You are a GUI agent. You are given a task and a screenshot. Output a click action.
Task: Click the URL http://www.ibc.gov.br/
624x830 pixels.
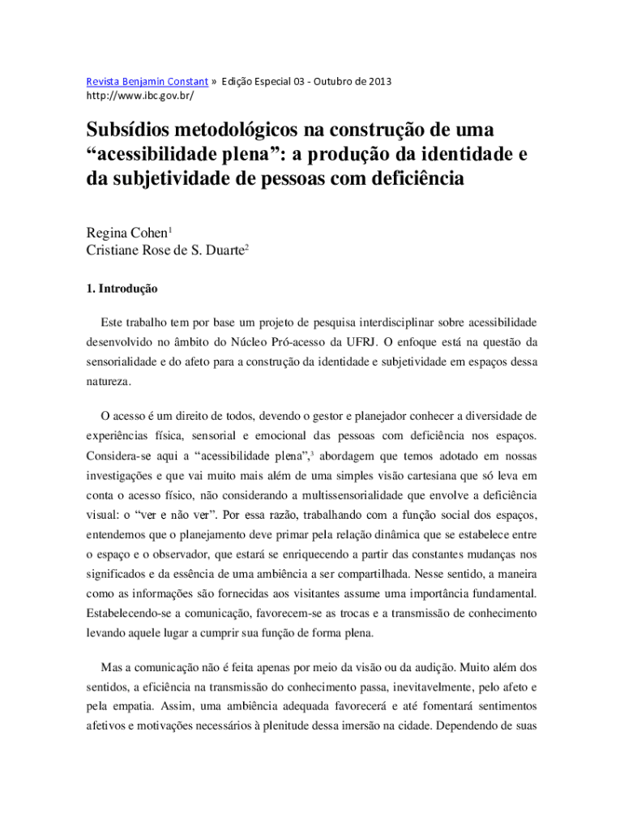pyautogui.click(x=140, y=96)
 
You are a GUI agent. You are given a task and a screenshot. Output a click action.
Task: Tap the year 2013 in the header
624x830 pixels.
pyautogui.click(x=377, y=81)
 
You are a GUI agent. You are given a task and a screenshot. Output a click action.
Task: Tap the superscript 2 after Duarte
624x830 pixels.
pyautogui.click(x=246, y=247)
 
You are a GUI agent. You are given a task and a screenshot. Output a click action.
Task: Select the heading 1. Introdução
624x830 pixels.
pyautogui.click(x=122, y=289)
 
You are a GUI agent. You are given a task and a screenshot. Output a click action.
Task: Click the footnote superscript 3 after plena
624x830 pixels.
pyautogui.click(x=313, y=452)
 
